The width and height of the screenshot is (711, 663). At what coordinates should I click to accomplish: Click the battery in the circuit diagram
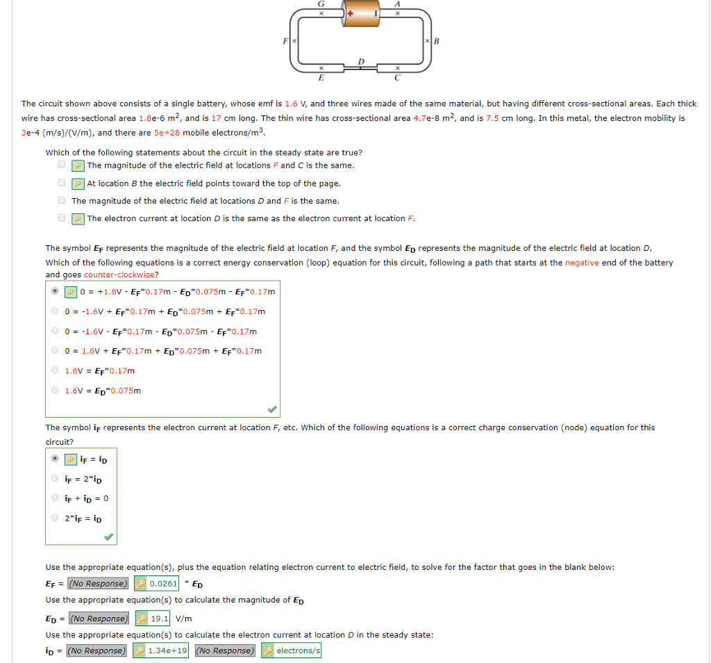(361, 15)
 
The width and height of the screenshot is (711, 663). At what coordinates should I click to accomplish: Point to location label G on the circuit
(321, 3)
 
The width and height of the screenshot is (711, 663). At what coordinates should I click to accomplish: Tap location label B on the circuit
(437, 41)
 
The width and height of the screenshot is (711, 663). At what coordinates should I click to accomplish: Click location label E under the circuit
(321, 78)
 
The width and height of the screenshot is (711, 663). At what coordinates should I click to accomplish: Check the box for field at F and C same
(62, 165)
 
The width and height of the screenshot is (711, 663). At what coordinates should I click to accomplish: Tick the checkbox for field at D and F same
(62, 201)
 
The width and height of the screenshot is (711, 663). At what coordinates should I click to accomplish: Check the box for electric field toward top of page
(62, 183)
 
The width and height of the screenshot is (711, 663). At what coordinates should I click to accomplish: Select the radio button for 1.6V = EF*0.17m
(55, 370)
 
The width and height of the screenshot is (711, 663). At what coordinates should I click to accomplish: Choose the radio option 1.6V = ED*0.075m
(55, 390)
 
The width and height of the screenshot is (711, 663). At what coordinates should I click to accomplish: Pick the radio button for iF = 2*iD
(55, 478)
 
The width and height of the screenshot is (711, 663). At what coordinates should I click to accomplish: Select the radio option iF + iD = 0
(55, 498)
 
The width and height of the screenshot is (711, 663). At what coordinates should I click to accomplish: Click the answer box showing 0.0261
(163, 583)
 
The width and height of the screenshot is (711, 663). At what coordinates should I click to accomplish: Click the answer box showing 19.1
(159, 618)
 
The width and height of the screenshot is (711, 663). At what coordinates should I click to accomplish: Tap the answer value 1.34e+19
(167, 650)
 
